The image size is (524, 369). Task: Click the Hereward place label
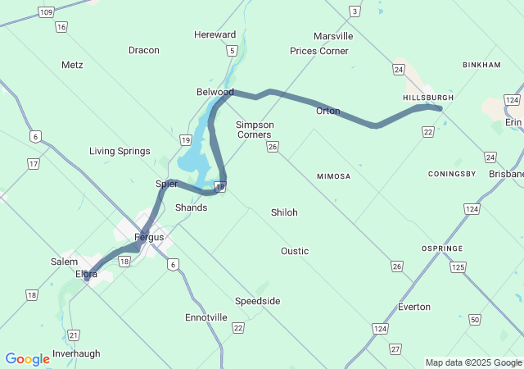point(215,34)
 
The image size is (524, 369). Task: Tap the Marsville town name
point(333,36)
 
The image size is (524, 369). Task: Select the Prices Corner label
point(319,51)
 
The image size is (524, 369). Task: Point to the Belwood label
point(215,92)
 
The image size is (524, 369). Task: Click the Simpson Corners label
point(255,130)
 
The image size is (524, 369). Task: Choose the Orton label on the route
point(327,111)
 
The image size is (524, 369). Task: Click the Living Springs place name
point(120,151)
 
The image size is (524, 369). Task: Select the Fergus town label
point(149,237)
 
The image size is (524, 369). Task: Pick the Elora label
point(87,274)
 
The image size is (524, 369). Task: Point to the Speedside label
point(257,301)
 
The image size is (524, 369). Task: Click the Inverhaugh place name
point(76,353)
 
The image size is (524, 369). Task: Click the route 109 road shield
point(46,11)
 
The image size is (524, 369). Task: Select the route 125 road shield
point(458,267)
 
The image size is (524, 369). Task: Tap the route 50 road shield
point(476,318)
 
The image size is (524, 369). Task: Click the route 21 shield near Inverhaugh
point(74,335)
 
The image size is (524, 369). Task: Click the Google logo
point(27,359)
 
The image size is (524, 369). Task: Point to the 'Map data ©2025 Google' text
point(473,362)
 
